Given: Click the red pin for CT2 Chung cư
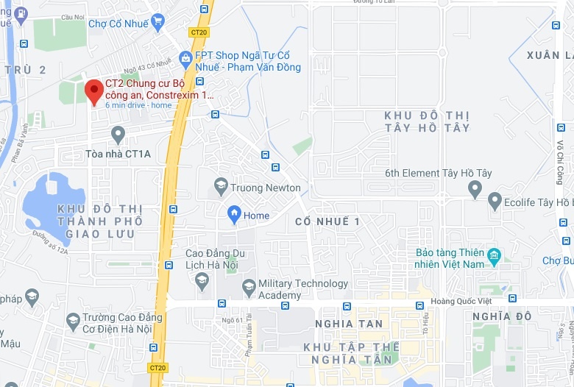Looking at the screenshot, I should pos(93,91).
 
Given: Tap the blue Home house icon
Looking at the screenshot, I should pos(235,214).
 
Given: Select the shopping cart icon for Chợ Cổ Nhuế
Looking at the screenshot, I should pos(157,22).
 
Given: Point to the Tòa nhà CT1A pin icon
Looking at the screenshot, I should pos(118,135).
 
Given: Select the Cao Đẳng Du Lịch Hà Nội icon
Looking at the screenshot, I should pos(202,280).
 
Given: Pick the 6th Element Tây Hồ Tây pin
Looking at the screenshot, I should pos(475,190).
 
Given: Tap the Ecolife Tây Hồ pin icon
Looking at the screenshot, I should pos(495,201).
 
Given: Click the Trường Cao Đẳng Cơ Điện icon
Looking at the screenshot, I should pos(73,320).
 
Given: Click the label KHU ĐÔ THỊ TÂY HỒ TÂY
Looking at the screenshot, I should pos(427,122).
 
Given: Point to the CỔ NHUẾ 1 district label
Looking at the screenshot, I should pos(327,221).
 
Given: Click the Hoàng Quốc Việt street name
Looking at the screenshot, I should pos(460,300).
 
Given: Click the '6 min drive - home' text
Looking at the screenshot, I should pos(138,105).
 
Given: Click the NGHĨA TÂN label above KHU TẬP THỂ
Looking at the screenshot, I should pos(349,324).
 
